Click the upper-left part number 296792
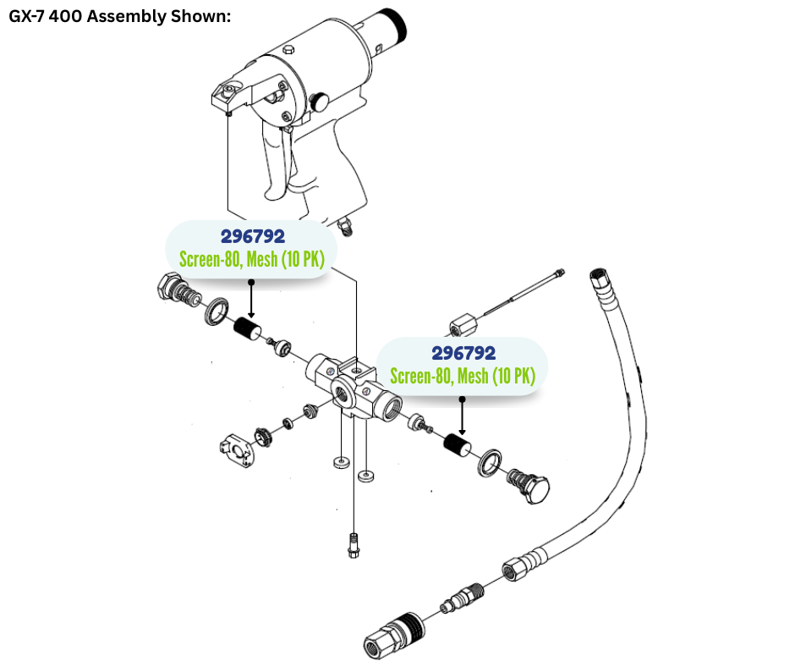coord(253,236)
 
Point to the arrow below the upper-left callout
coord(251,300)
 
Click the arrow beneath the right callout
coord(462,415)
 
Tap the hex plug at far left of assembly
coord(168,289)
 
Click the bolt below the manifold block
coord(353,543)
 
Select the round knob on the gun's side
coord(321,102)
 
